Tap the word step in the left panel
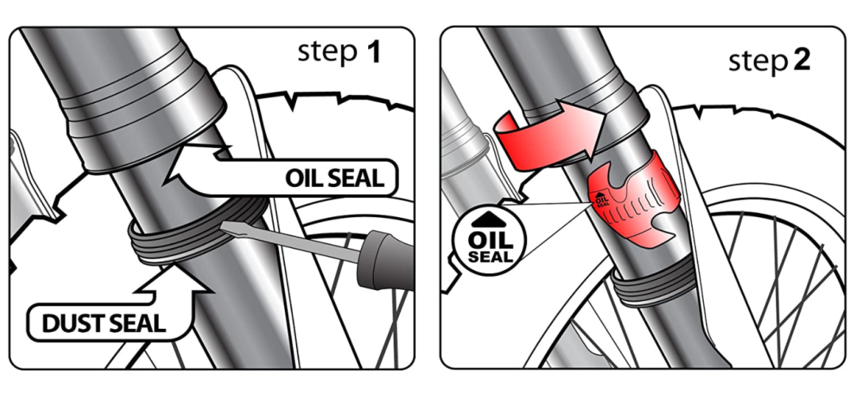(326, 54)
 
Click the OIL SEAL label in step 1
(334, 178)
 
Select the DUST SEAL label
(103, 324)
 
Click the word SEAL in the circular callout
(490, 256)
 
